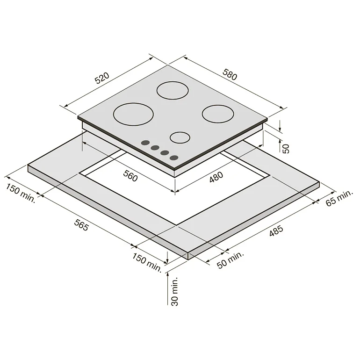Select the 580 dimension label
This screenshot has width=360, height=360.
click(230, 75)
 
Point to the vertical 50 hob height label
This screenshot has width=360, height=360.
click(286, 148)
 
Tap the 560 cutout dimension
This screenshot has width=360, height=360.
click(130, 177)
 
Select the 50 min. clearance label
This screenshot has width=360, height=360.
click(230, 260)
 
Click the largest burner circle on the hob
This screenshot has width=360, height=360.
click(133, 113)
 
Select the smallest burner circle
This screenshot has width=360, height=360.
click(180, 137)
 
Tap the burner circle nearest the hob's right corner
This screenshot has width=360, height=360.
click(218, 113)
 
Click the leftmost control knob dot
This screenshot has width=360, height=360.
click(145, 143)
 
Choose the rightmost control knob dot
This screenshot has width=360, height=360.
click(174, 158)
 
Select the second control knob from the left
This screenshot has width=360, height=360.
click(155, 148)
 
